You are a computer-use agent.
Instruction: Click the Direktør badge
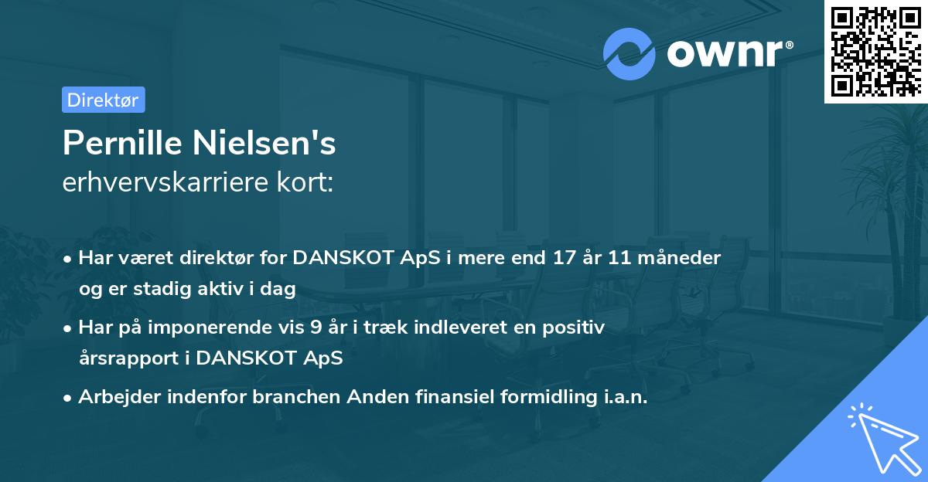click(103, 100)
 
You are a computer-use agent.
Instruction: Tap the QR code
click(875, 51)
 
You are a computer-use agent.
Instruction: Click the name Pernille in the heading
click(124, 144)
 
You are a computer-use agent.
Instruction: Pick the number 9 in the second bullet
click(316, 328)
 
